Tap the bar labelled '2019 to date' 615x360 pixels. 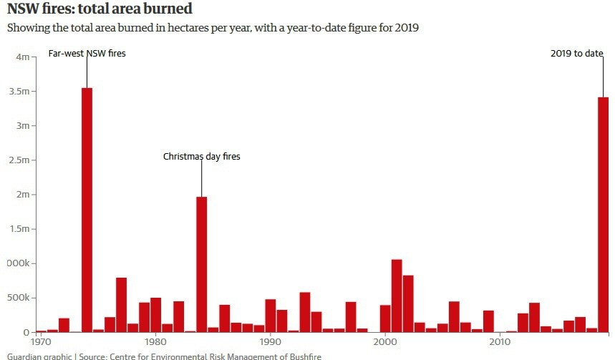[603, 215]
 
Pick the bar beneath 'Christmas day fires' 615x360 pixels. [201, 264]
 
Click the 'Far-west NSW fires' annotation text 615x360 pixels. [87, 54]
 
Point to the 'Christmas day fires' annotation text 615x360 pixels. [201, 156]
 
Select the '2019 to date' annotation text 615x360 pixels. [577, 54]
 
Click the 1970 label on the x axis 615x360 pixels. [41, 342]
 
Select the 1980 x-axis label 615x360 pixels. [155, 342]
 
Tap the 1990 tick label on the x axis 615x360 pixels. [270, 342]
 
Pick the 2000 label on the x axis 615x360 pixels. [385, 342]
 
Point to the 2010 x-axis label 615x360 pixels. [500, 342]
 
